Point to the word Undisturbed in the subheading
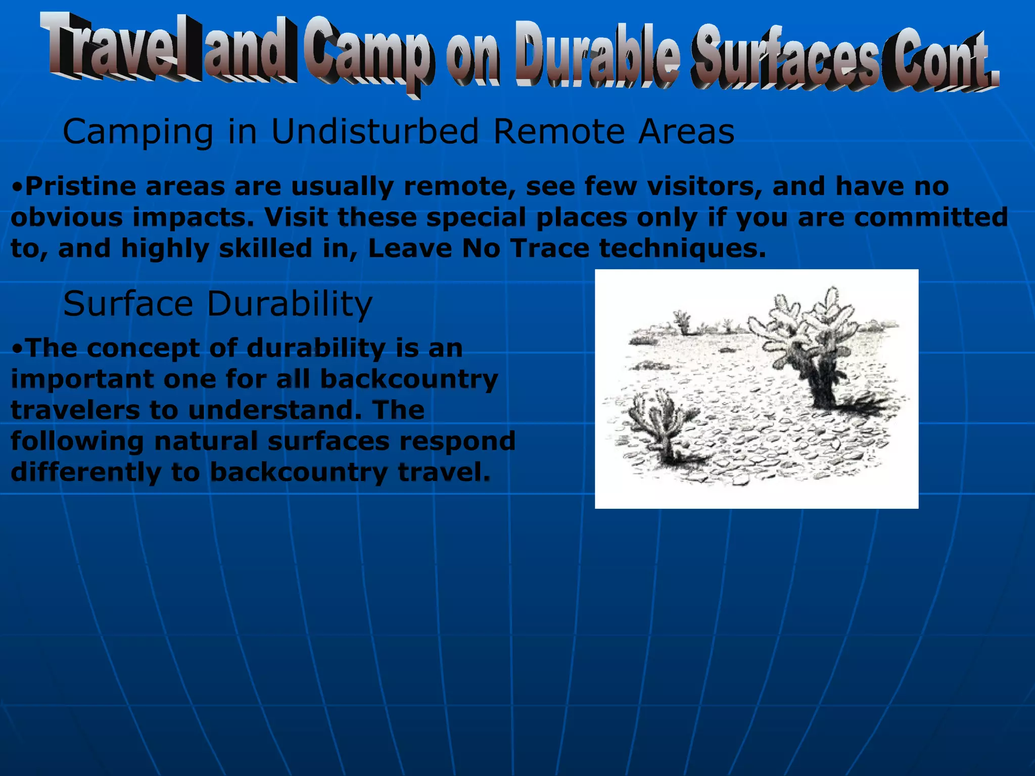coord(374,131)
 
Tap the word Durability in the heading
coord(290,305)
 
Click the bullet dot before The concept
coord(17,349)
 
